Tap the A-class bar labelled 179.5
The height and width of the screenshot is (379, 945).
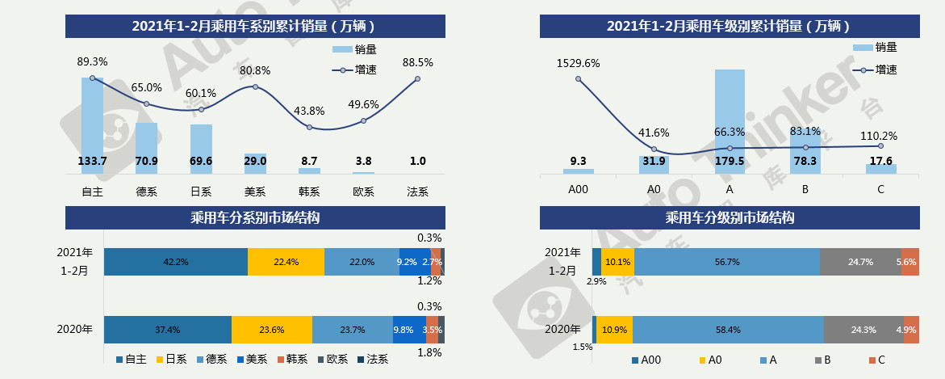730,121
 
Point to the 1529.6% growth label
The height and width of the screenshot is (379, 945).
578,62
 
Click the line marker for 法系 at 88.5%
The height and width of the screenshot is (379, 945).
418,78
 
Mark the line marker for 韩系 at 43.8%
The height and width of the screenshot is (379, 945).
309,127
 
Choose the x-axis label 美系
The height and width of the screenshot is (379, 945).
255,192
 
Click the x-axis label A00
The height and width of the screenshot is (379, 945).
578,190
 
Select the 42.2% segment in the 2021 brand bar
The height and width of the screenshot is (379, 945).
176,262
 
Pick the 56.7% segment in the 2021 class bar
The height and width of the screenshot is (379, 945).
726,262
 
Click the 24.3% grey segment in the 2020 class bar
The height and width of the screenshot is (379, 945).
863,330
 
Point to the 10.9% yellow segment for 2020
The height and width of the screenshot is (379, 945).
615,330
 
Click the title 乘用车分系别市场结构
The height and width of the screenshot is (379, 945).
255,217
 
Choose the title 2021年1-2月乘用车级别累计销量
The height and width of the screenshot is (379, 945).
730,26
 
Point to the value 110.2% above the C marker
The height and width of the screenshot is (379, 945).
880,136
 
